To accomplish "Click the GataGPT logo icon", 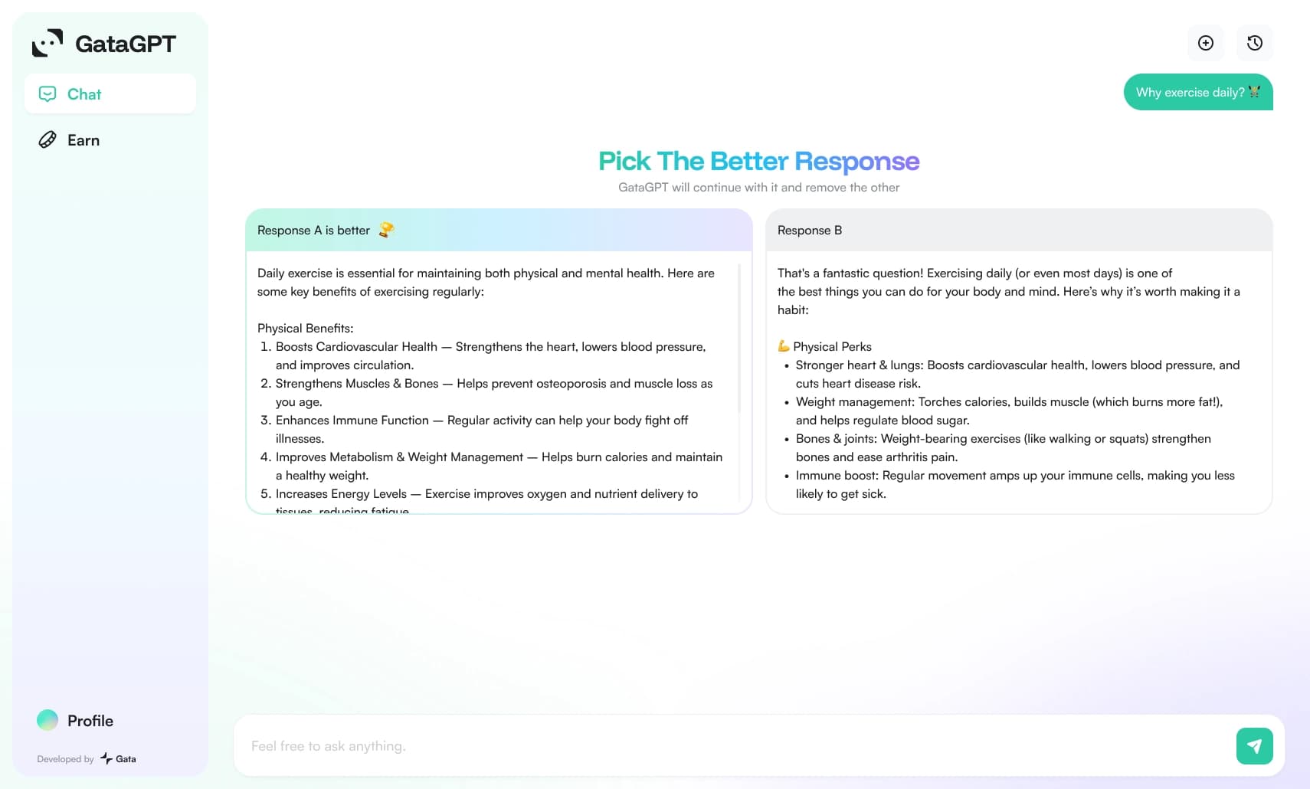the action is (47, 43).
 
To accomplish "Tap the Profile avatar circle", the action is (47, 720).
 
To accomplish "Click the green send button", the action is (1254, 745).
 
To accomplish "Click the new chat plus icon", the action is (1205, 43).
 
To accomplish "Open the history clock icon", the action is (1254, 43).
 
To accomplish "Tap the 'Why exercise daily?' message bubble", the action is (1197, 92).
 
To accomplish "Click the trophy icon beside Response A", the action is (386, 230).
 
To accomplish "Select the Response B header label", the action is (810, 231).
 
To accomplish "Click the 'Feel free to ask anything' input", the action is (737, 745).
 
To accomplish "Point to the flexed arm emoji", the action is (783, 346).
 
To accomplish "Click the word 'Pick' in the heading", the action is (624, 162).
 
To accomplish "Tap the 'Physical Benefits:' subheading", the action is (305, 328).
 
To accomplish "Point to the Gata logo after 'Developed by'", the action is (118, 758).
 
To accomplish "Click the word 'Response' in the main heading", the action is (856, 162).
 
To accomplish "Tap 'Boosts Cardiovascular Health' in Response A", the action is (356, 347).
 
